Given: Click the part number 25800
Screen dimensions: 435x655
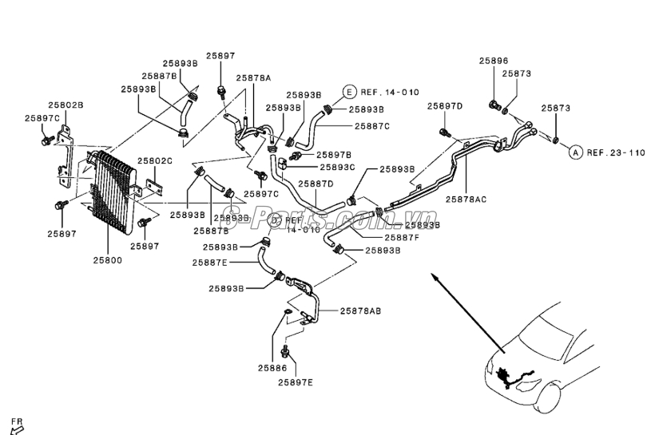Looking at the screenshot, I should coord(108,259).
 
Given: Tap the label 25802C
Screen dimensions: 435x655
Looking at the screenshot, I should coord(155,161).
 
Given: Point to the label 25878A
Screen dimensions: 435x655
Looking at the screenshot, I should coord(253,78).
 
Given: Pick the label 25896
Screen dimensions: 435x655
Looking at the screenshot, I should coord(494,61).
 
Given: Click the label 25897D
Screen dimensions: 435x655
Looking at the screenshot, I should coord(445,106).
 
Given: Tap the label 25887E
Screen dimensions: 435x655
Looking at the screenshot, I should coord(209,262).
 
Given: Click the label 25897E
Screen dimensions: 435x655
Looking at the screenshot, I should coord(296,382).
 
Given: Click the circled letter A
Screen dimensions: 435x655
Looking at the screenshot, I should coord(575,152).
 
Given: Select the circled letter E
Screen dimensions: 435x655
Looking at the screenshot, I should coord(349,92).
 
